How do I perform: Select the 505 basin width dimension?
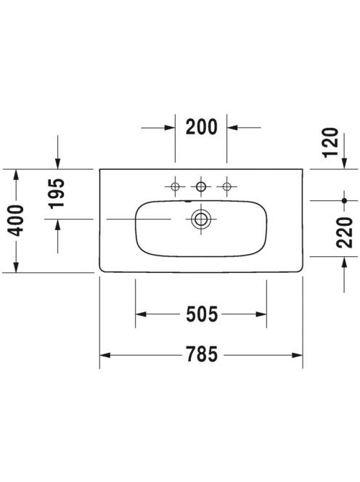202,314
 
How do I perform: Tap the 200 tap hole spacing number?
201,127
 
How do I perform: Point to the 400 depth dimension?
16,221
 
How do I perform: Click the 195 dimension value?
57,194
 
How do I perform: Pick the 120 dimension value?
331,142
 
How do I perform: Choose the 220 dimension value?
344,232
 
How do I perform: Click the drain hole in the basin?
201,219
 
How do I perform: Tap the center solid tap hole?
201,187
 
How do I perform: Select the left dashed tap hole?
175,187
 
